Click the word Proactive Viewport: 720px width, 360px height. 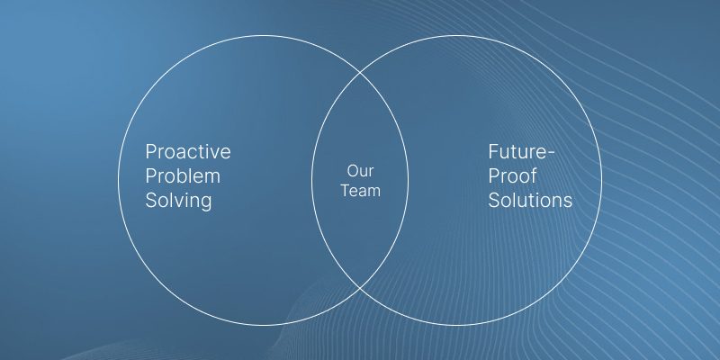click(188, 151)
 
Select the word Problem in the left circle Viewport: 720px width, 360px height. click(183, 175)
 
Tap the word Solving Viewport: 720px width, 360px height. click(178, 201)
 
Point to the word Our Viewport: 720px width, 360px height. click(361, 171)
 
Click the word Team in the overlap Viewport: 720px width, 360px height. click(361, 191)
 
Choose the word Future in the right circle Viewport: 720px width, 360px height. click(517, 151)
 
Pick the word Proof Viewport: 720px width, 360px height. click(512, 175)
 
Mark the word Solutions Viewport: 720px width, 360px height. click(530, 200)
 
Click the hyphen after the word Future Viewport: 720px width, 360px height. click(551, 153)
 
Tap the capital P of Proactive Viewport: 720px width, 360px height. click(151, 152)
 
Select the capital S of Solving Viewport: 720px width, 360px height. click(151, 201)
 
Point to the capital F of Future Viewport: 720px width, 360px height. click(493, 152)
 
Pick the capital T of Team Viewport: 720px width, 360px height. click(346, 191)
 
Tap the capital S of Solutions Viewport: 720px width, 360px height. click(494, 201)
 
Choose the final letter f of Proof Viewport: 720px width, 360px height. click(534, 175)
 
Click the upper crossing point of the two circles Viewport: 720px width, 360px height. click(360, 73)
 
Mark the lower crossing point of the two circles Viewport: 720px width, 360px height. click(360, 288)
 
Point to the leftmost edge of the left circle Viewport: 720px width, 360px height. click(119, 181)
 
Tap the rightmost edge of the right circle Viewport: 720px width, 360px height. click(601, 181)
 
